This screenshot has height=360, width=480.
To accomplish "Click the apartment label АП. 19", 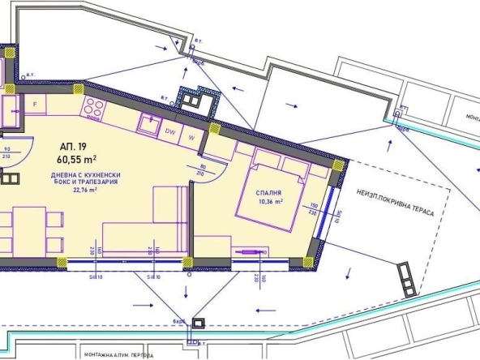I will [x=72, y=147].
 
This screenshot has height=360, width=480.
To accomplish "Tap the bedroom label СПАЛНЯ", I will [x=267, y=192].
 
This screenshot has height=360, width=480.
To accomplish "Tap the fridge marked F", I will [x=35, y=104].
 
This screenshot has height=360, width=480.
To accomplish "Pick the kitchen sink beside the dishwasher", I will [x=148, y=123].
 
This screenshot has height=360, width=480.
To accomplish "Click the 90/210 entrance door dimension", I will [x=7, y=153].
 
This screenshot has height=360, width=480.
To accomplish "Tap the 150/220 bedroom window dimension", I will [x=314, y=208].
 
